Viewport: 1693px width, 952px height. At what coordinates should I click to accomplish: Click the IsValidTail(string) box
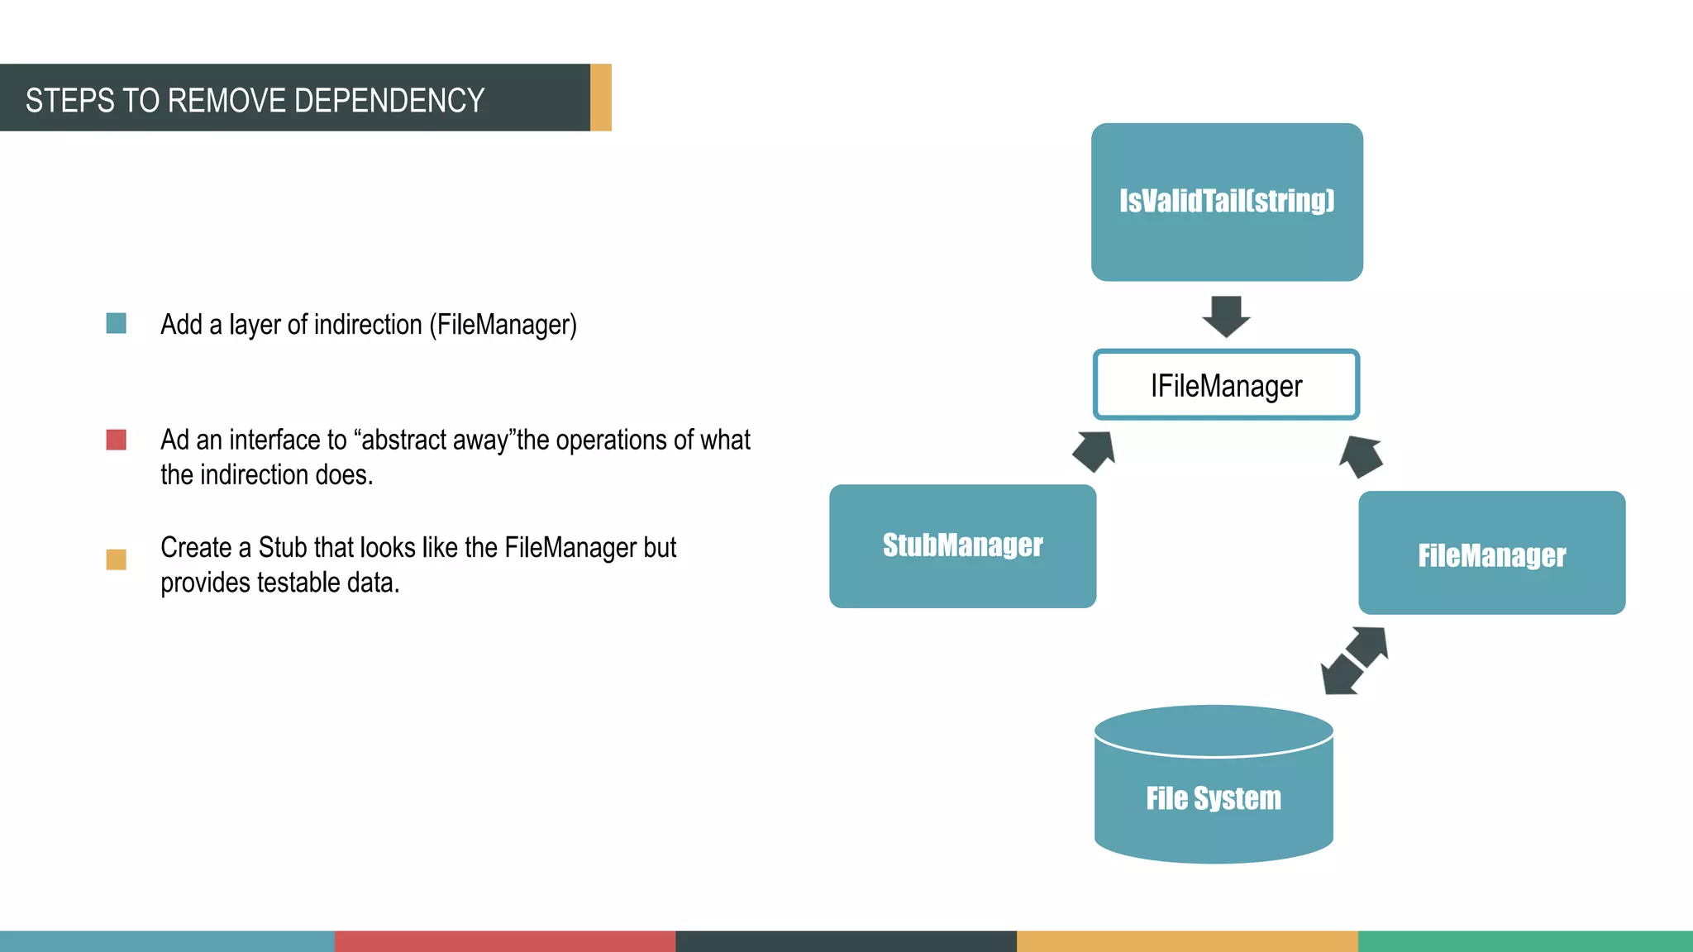[x=1227, y=202]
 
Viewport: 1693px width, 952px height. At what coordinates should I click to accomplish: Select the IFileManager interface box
[x=1226, y=385]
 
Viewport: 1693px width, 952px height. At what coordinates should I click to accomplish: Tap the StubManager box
[x=962, y=546]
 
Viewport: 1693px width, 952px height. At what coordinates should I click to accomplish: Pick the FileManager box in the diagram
[x=1491, y=553]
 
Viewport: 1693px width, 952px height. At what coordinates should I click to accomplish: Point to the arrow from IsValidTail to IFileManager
[x=1226, y=316]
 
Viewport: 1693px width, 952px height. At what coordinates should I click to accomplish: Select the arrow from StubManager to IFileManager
[x=1094, y=450]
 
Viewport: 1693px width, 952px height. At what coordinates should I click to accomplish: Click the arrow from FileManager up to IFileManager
[x=1361, y=456]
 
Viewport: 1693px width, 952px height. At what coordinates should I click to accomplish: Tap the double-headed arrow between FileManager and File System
[x=1354, y=660]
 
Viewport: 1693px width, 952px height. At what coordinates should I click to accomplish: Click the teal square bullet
[x=117, y=323]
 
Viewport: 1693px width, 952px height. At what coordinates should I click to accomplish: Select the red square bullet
[x=117, y=440]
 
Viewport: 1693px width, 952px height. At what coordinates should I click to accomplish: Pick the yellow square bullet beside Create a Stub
[x=117, y=559]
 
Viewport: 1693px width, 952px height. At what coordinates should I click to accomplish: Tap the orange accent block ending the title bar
[x=601, y=98]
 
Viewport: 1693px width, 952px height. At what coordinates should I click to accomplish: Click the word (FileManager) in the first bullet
[x=503, y=325]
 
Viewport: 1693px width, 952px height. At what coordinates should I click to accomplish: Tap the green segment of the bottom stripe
[x=1525, y=941]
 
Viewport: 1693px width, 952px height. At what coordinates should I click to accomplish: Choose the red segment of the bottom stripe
[x=505, y=941]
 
